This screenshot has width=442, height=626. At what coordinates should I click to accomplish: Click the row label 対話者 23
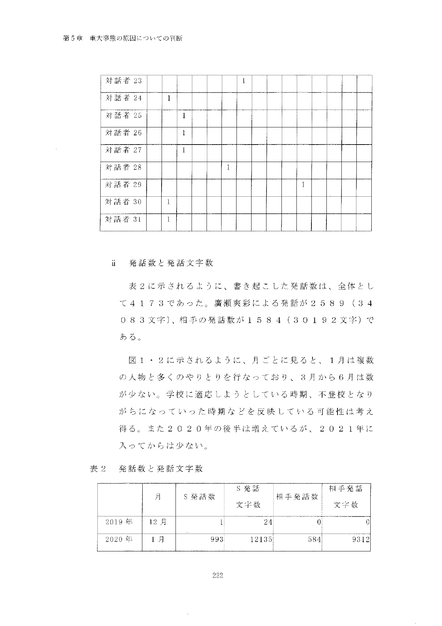point(123,81)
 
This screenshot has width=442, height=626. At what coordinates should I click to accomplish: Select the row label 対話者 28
point(123,167)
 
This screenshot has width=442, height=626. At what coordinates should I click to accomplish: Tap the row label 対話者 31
point(123,219)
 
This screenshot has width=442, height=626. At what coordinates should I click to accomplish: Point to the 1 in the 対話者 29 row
point(303,185)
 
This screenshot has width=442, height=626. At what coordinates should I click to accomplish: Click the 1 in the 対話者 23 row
point(243,81)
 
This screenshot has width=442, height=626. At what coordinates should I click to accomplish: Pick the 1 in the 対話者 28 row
point(228,167)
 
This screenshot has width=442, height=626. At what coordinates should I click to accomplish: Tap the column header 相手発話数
point(297,497)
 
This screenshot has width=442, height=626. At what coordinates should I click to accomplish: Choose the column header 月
point(158,497)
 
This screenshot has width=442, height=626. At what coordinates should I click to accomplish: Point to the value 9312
point(360,539)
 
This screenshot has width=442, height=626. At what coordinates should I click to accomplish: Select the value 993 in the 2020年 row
point(217,539)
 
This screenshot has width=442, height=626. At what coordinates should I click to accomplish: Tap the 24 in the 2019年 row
point(268,522)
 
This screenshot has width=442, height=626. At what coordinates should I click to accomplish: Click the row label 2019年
point(119,522)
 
